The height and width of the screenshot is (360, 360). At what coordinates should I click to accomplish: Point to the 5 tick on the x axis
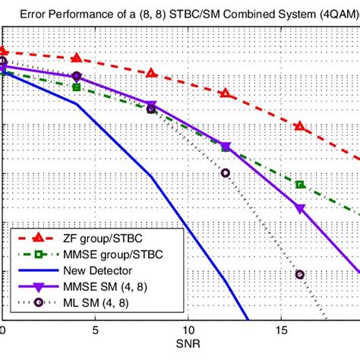pos(95,331)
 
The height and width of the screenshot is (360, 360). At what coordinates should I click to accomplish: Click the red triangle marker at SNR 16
pos(299,126)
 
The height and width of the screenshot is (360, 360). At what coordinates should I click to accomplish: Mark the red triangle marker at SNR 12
pos(225,93)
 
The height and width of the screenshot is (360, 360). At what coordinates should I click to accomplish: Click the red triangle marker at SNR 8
pos(151,73)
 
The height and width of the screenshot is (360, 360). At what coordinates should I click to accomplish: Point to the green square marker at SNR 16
pos(299,185)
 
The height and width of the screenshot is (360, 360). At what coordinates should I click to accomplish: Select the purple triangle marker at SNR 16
pos(299,208)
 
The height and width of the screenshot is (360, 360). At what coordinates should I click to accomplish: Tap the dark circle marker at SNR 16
pos(299,274)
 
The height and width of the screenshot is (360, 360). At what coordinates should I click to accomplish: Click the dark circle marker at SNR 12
pos(225,172)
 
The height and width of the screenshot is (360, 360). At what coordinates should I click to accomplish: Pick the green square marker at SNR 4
pos(77,87)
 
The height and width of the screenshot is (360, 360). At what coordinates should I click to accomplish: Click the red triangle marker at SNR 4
pos(77,58)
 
